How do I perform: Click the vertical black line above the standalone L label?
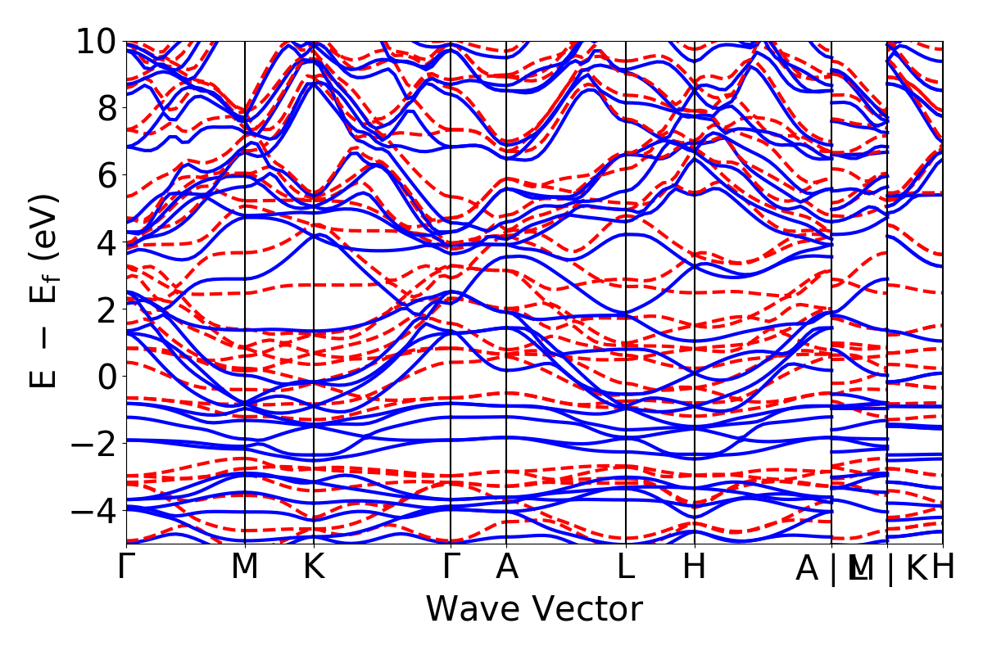pyautogui.click(x=626, y=246)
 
